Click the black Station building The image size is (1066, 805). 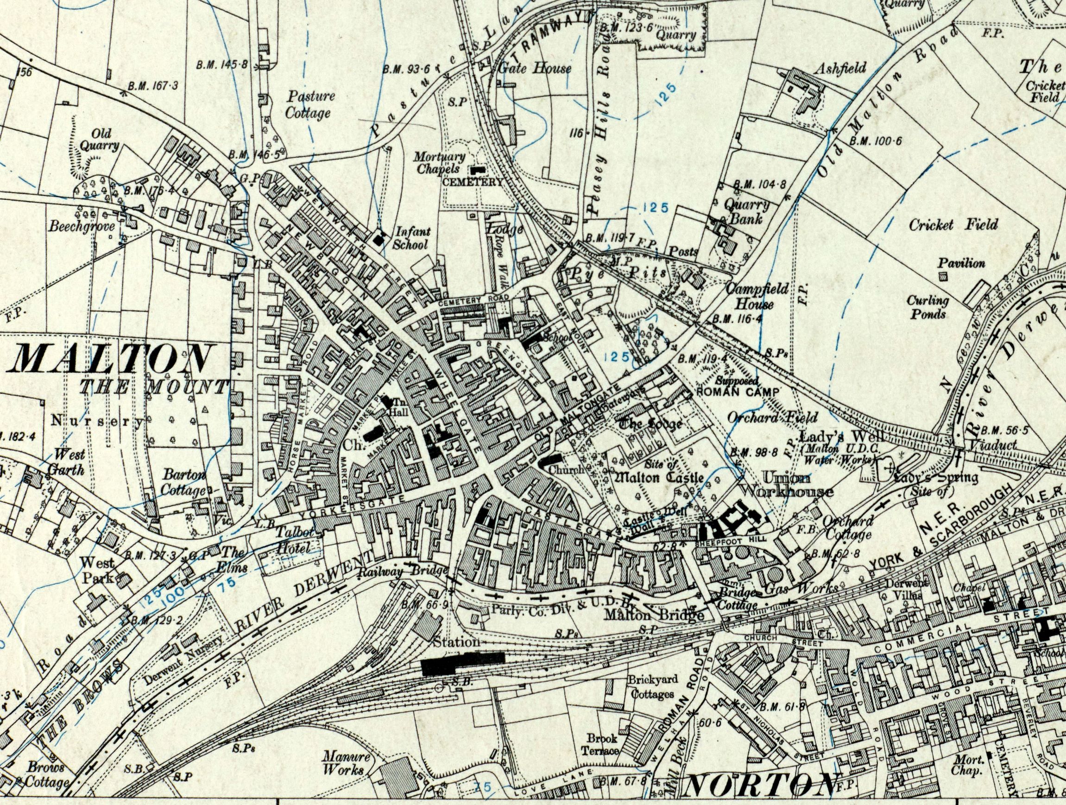click(462, 664)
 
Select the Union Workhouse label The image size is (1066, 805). click(786, 485)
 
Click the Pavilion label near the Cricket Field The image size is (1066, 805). click(961, 264)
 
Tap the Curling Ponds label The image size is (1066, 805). click(927, 308)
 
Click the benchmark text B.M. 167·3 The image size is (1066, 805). click(153, 86)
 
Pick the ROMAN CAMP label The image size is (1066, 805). click(738, 393)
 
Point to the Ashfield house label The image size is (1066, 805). click(839, 68)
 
